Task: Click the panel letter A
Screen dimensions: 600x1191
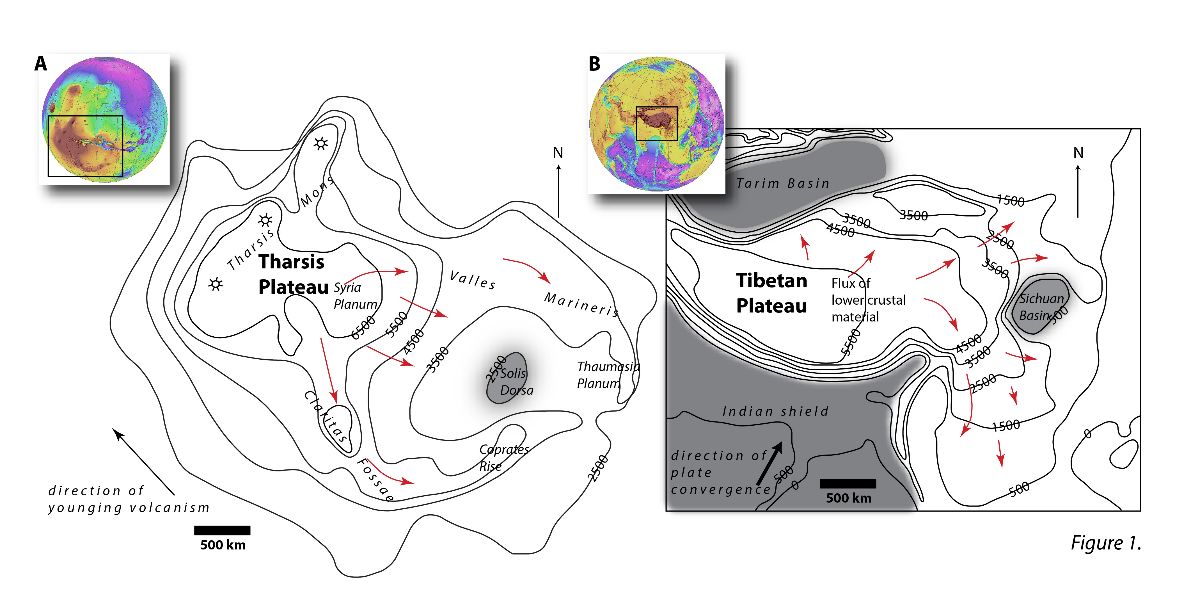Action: coord(41,64)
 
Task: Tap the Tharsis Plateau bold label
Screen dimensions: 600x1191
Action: coord(292,274)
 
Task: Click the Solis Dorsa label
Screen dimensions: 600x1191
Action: coord(515,382)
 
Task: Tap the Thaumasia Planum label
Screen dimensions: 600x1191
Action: coord(607,375)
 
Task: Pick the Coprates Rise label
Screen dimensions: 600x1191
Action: coord(503,458)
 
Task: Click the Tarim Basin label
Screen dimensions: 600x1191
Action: coord(782,184)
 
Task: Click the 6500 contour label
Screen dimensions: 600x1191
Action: coord(363,328)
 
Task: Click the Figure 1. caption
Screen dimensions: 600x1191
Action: coord(1105,543)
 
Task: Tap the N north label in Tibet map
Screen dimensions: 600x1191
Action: coord(1078,153)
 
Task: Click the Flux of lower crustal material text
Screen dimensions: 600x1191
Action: coord(867,300)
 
